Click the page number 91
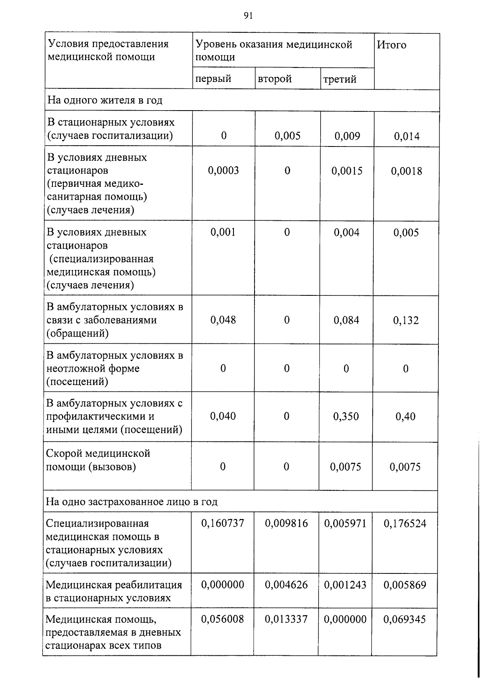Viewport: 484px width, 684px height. [248, 16]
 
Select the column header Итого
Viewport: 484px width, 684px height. [391, 45]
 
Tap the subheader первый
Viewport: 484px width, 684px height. [213, 79]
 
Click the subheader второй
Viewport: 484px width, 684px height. [275, 79]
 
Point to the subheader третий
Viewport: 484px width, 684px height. [340, 79]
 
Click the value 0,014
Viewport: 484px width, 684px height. [407, 136]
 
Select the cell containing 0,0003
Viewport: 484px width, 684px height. [223, 170]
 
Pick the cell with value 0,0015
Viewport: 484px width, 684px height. [347, 171]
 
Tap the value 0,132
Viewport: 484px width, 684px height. [406, 320]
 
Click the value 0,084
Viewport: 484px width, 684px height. [346, 320]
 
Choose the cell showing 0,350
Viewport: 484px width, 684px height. [346, 416]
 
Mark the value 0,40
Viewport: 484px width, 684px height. [405, 416]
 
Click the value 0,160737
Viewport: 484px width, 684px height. [223, 523]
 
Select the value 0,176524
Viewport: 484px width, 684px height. [405, 524]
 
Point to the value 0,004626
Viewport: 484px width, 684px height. [286, 585]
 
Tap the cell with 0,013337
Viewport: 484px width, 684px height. [286, 619]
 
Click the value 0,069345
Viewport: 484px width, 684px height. [405, 619]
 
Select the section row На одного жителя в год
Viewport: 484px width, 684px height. [105, 100]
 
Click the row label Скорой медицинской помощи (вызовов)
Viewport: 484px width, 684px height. [98, 460]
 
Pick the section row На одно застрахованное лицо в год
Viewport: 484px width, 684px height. [131, 502]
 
